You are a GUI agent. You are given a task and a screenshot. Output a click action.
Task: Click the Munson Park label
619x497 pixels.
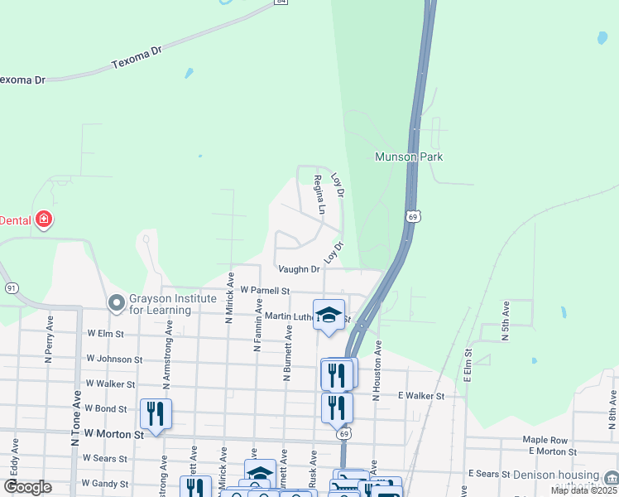(x=409, y=157)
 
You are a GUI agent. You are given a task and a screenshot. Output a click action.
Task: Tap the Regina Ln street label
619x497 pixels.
(x=319, y=195)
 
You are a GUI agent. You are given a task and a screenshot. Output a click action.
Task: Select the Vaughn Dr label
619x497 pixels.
(x=299, y=269)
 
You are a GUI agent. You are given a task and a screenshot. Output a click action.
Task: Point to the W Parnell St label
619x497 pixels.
(x=265, y=291)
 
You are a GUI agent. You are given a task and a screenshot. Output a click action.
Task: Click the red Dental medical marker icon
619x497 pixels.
(x=44, y=220)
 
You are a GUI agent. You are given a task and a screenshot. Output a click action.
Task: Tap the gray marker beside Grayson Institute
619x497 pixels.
(x=117, y=304)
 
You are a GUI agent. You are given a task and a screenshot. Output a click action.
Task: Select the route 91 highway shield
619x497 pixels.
(x=12, y=287)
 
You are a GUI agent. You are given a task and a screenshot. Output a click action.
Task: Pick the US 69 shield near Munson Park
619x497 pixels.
(x=412, y=215)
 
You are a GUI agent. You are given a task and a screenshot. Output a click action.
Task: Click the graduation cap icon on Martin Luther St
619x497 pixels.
(x=329, y=315)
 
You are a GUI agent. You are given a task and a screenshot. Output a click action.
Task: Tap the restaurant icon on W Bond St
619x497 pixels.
(x=156, y=413)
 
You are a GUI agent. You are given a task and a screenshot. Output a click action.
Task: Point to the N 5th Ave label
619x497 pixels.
(x=505, y=318)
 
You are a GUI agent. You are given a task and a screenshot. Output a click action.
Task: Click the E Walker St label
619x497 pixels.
(x=421, y=396)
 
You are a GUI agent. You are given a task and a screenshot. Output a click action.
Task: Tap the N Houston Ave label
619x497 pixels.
(x=377, y=370)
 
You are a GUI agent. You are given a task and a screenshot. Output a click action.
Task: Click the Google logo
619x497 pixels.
(x=28, y=487)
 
